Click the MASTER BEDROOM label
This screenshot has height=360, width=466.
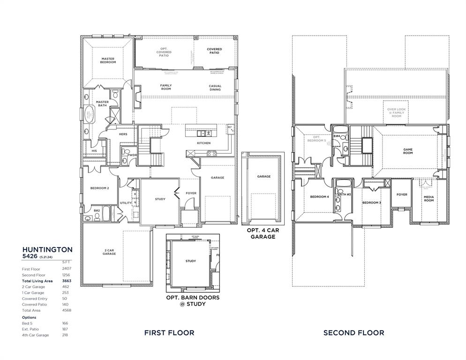[x=108, y=60]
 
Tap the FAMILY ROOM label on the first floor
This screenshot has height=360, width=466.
[x=166, y=87]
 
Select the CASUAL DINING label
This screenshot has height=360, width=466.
[x=215, y=87]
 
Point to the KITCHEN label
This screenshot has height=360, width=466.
[x=203, y=143]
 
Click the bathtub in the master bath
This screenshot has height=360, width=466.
[x=89, y=114]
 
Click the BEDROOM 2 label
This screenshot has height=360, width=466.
[x=99, y=188]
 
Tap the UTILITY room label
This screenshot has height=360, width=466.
[x=126, y=203]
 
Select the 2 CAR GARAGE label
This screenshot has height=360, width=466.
[x=108, y=252]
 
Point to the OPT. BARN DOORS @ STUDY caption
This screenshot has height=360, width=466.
[x=193, y=300]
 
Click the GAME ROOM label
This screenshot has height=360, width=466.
[x=408, y=151]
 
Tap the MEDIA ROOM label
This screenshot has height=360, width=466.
[x=428, y=199]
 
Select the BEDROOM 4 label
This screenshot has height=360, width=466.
[x=319, y=196]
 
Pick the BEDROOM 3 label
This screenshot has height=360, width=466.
[x=371, y=202]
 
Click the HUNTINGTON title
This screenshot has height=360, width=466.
[x=47, y=250]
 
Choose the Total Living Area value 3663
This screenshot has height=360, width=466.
[x=66, y=281]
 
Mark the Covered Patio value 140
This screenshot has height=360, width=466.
[x=66, y=304]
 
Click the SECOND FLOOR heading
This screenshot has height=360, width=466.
[x=353, y=333]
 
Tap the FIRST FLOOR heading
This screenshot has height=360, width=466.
[x=169, y=333]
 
